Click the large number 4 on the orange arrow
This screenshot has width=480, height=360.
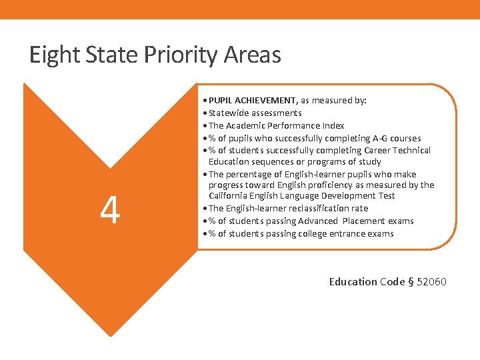(x=110, y=211)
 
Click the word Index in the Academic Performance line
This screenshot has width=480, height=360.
(x=332, y=125)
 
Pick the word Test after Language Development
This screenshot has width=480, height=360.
(x=385, y=195)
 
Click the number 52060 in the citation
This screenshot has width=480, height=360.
(x=431, y=281)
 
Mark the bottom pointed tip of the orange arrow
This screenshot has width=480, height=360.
(x=110, y=336)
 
